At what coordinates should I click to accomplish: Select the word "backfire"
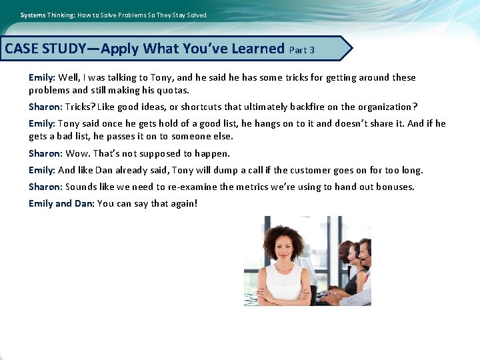coord(301,107)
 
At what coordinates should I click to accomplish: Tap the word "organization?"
coord(387,107)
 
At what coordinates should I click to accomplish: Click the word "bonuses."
coord(394,187)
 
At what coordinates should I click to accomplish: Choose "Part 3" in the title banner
coord(303,50)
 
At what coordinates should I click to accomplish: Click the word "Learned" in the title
coord(258,49)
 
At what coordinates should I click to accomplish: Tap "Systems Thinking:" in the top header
coord(47,15)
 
